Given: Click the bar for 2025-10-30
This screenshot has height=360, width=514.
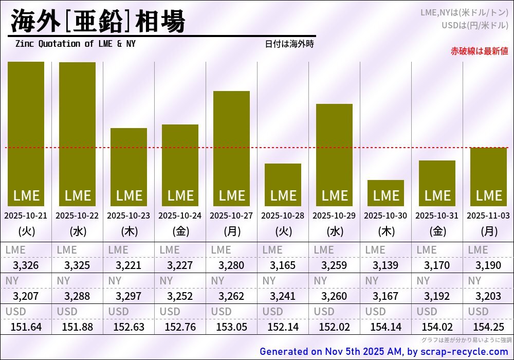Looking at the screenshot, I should pyautogui.click(x=385, y=193).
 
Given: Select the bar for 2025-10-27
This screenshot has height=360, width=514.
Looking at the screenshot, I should pyautogui.click(x=231, y=149).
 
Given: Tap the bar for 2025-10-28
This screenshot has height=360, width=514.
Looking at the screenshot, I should pyautogui.click(x=283, y=185).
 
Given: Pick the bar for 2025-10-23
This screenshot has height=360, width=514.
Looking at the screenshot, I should pyautogui.click(x=128, y=167).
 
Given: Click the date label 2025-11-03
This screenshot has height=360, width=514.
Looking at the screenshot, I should pyautogui.click(x=488, y=216).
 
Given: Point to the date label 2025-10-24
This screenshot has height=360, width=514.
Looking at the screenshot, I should pyautogui.click(x=180, y=216).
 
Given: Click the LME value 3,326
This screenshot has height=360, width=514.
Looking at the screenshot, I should pyautogui.click(x=26, y=266).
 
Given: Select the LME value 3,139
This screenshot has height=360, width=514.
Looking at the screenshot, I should pyautogui.click(x=385, y=266).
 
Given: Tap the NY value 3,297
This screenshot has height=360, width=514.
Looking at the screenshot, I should pyautogui.click(x=128, y=296).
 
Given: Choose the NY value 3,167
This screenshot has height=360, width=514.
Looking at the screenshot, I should pyautogui.click(x=385, y=296).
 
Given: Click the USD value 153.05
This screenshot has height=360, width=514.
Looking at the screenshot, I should pyautogui.click(x=231, y=327).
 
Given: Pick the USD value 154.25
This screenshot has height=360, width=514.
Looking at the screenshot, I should pyautogui.click(x=488, y=327).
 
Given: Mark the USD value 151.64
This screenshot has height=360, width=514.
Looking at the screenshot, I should pyautogui.click(x=26, y=327).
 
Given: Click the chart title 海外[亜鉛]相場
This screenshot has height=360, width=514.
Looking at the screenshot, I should pyautogui.click(x=98, y=22).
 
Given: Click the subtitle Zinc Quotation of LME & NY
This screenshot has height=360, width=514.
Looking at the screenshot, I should pyautogui.click(x=76, y=44).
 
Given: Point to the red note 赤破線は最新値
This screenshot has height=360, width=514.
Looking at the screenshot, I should pyautogui.click(x=479, y=51).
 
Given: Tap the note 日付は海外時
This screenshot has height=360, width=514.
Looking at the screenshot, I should pyautogui.click(x=289, y=44).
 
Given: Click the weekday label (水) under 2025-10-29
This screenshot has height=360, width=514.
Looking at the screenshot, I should pyautogui.click(x=334, y=231).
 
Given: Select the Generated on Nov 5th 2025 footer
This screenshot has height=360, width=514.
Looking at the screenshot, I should pyautogui.click(x=383, y=352).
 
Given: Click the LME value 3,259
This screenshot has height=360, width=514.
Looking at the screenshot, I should pyautogui.click(x=334, y=266).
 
